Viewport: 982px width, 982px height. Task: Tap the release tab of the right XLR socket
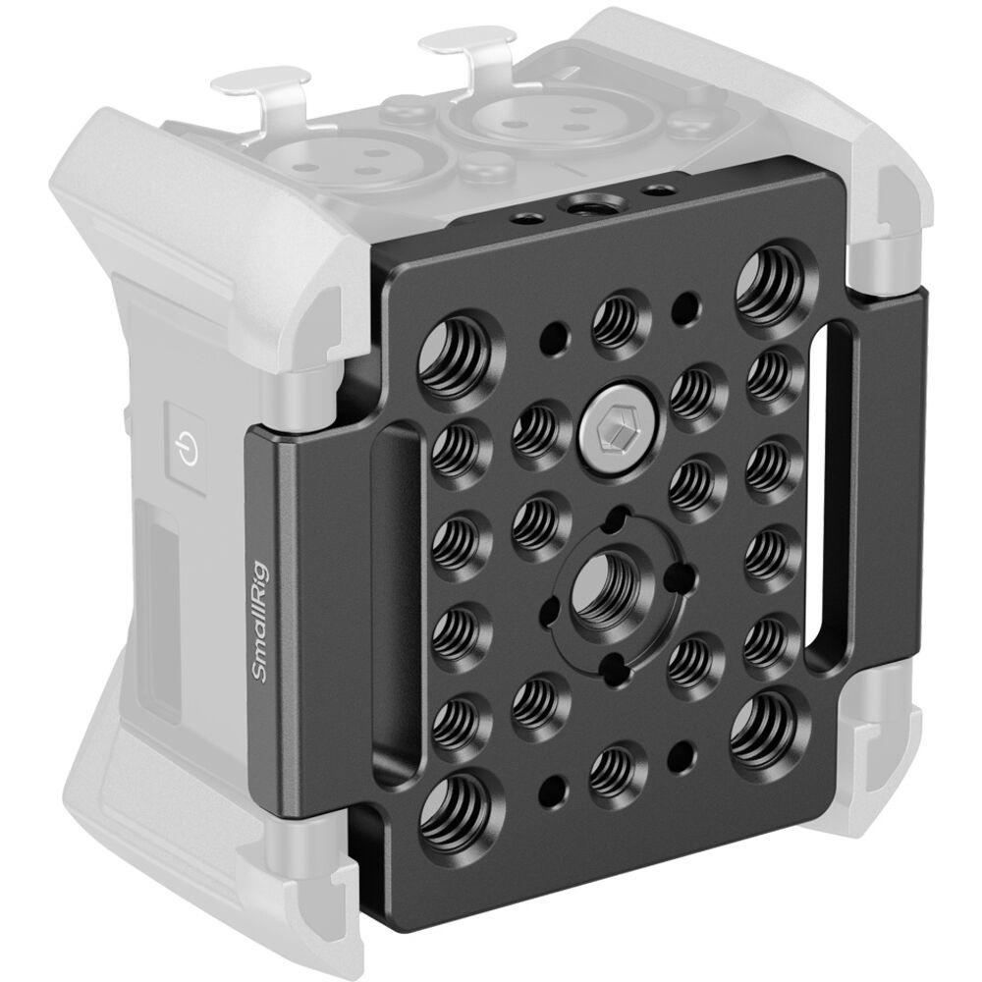[469, 49]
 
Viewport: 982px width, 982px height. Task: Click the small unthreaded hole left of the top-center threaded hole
[553, 338]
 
